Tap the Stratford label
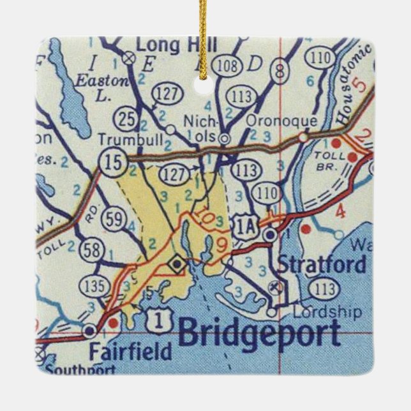322,264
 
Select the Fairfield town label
130,352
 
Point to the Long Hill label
177,45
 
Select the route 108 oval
225,66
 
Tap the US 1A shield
245,227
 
